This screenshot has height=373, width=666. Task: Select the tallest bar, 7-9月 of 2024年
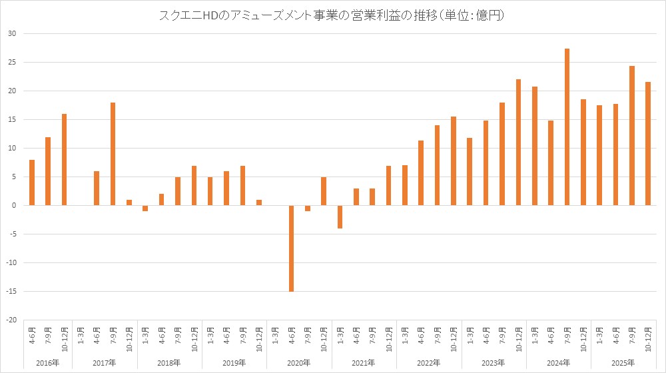pyautogui.click(x=567, y=127)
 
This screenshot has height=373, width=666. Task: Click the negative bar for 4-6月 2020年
pyautogui.click(x=291, y=248)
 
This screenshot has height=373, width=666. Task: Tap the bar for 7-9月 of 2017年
pyautogui.click(x=113, y=154)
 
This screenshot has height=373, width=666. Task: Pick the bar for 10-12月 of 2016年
pyautogui.click(x=64, y=160)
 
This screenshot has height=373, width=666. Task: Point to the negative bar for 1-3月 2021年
pyautogui.click(x=340, y=216)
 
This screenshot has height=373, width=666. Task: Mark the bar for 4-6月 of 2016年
pyautogui.click(x=31, y=183)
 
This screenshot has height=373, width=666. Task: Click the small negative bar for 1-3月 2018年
pyautogui.click(x=145, y=208)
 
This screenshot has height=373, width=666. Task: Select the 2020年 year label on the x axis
pyautogui.click(x=299, y=363)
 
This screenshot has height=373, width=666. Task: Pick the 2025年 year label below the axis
pyautogui.click(x=624, y=363)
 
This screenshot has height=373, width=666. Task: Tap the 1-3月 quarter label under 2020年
pyautogui.click(x=275, y=334)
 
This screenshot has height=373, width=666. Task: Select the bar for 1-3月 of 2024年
pyautogui.click(x=535, y=146)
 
